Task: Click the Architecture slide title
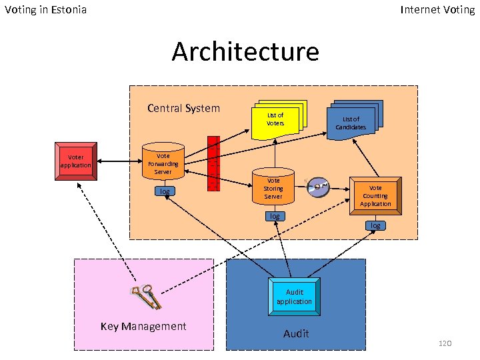245,51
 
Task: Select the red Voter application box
75,161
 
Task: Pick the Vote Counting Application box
375,195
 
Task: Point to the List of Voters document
276,119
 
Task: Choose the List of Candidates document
351,120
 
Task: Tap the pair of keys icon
147,297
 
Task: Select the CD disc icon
318,187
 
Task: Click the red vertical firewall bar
213,163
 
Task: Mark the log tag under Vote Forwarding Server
164,191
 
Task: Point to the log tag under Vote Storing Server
274,216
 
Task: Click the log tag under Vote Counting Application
375,225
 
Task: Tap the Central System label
183,109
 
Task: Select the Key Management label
143,326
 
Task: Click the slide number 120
445,343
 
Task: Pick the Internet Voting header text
437,10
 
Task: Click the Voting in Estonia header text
45,10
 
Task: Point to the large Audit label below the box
296,333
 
